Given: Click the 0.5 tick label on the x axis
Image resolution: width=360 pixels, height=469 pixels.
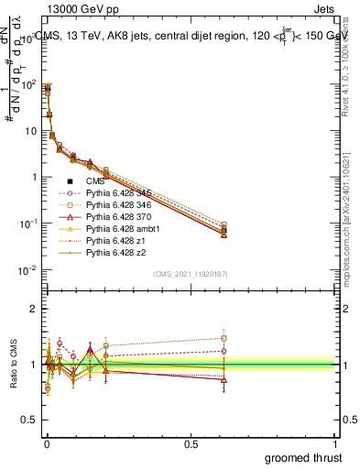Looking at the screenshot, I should (191, 443).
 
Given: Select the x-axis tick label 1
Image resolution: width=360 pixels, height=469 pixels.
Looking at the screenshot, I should (335, 443).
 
